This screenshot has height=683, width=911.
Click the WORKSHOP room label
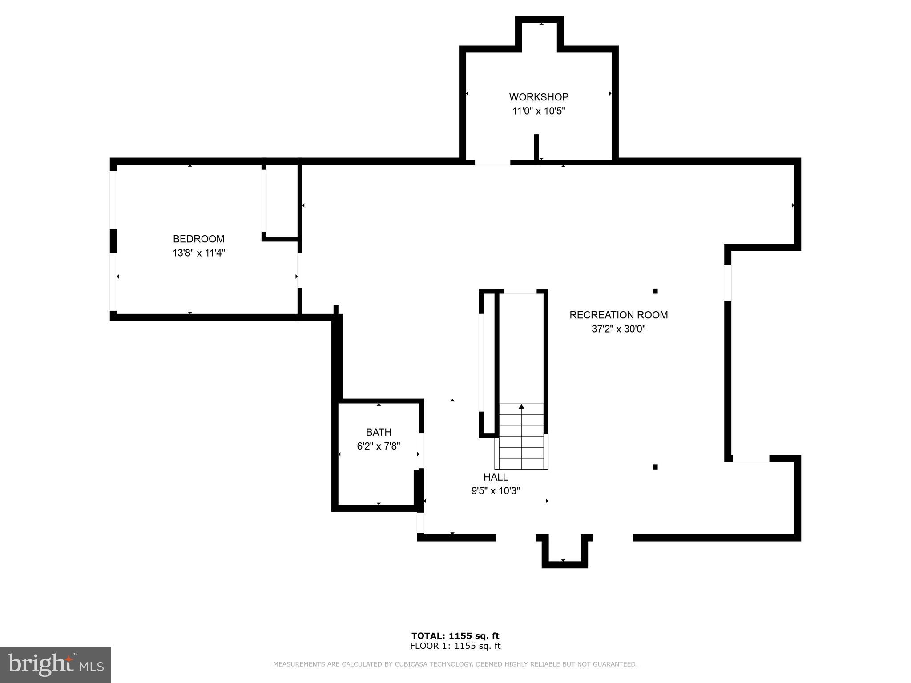tap(539, 97)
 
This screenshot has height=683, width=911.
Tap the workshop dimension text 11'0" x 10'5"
tap(539, 111)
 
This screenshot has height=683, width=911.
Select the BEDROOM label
tap(198, 239)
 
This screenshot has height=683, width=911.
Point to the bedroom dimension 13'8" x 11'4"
tap(199, 253)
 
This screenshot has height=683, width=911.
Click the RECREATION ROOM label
tap(618, 315)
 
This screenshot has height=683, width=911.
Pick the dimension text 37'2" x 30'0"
tap(618, 329)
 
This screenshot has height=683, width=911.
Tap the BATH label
tap(379, 432)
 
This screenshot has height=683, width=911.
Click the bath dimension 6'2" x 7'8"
tap(379, 446)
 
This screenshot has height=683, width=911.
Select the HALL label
tap(496, 477)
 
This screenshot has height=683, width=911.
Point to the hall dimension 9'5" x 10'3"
tap(496, 491)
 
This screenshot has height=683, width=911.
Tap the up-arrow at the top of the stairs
tap(521, 406)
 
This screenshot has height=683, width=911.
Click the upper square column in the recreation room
tap(655, 291)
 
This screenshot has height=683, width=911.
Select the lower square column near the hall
tap(655, 467)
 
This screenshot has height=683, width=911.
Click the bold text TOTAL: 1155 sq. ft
tap(455, 636)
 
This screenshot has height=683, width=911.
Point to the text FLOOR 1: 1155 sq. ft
tap(455, 646)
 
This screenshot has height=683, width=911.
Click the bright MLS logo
tap(56, 664)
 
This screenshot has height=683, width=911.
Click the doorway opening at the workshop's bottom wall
tap(492, 162)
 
